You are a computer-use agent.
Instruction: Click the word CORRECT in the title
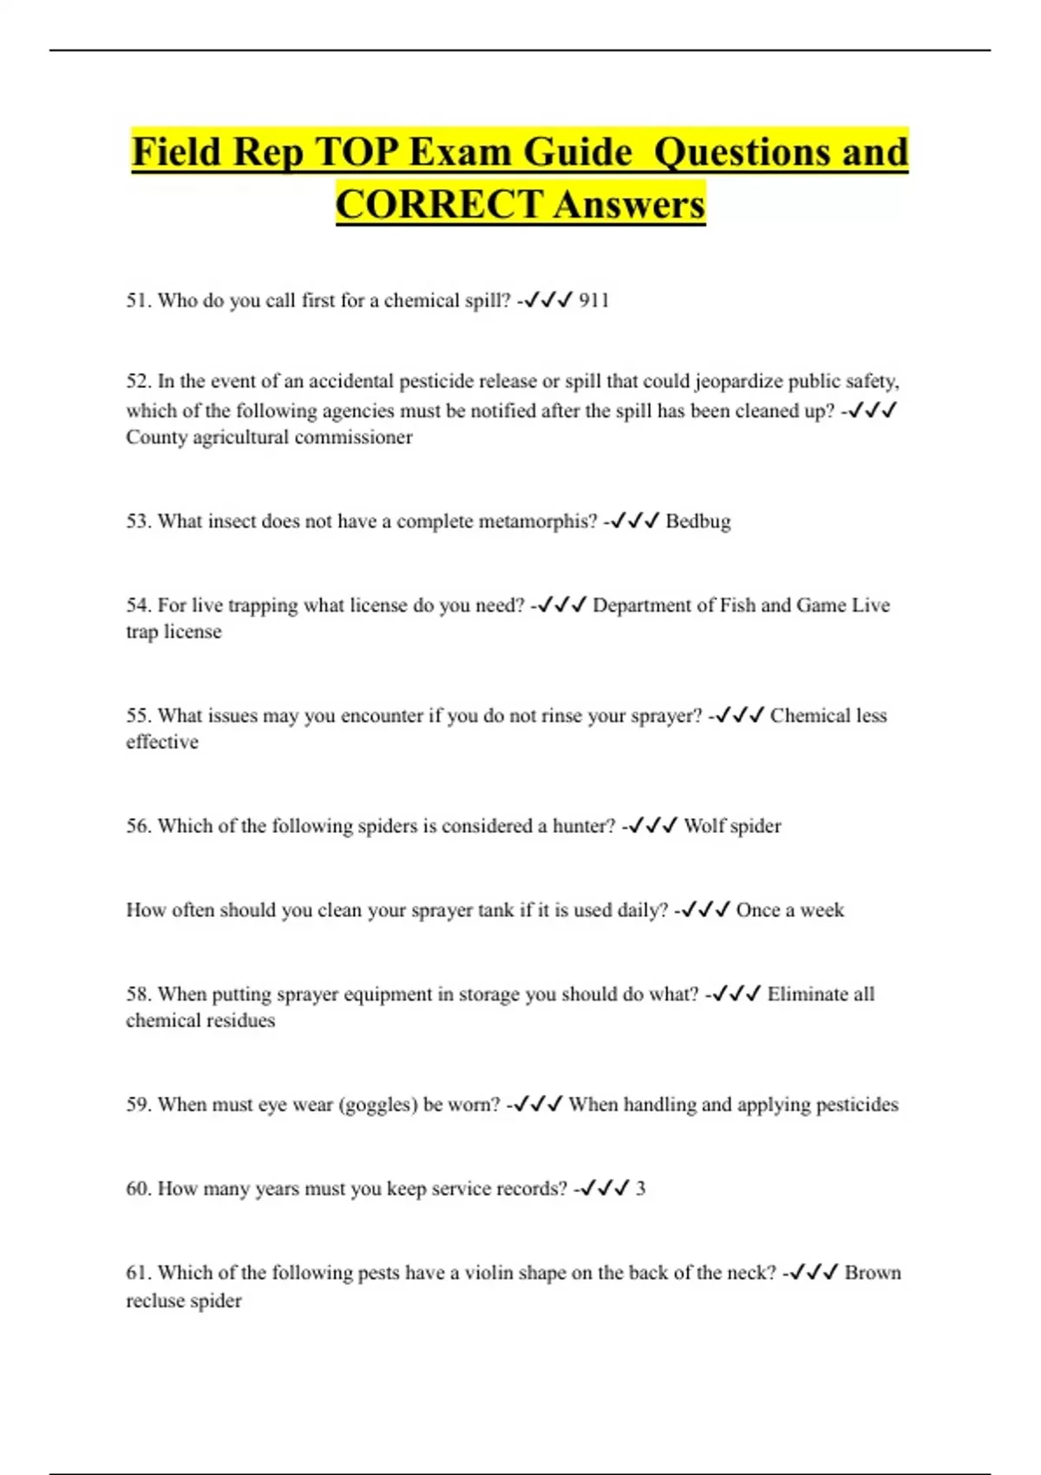439,205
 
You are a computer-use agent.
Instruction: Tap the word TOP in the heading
356,153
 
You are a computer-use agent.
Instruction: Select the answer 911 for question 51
594,300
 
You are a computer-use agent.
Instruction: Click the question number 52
139,381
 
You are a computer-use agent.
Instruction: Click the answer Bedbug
698,521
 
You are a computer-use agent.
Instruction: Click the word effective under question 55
162,742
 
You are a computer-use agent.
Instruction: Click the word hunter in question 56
583,826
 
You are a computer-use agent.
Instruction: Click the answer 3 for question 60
640,1189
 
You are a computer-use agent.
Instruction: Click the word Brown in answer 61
873,1273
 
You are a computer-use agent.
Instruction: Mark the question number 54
139,605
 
